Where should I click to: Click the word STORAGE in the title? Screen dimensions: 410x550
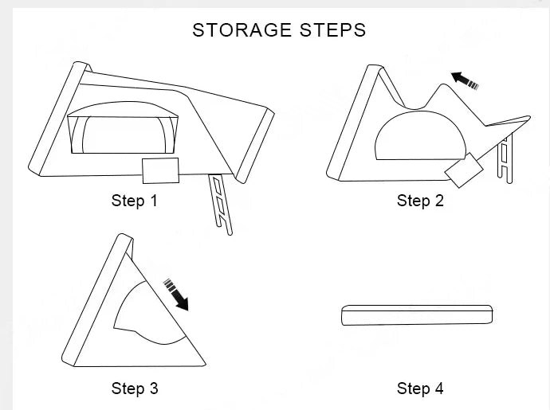241,30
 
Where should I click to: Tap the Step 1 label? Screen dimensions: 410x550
134,201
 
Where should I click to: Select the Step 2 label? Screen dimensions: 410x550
420,201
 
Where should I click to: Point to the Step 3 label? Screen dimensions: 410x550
134,389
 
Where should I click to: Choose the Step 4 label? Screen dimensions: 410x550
420,389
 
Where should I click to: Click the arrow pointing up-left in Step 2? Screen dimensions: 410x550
466,80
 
